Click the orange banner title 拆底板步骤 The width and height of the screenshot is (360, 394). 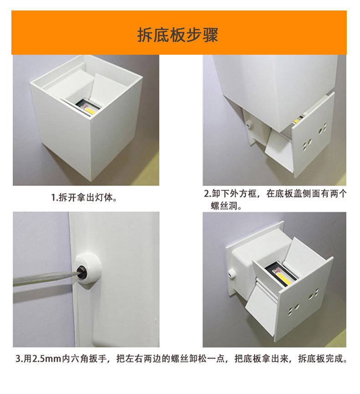click(x=177, y=35)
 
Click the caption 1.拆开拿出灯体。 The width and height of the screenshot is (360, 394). click(x=84, y=197)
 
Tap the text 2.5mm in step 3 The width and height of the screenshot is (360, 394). click(x=47, y=358)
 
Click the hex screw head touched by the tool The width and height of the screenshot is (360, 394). click(x=81, y=272)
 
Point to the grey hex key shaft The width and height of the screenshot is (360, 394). click(x=45, y=278)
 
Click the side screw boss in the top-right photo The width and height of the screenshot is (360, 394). click(x=249, y=123)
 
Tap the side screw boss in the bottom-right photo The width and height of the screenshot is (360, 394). click(x=231, y=274)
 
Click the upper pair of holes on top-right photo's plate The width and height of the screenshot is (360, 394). click(x=323, y=129)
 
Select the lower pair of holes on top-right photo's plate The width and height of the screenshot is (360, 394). click(x=307, y=144)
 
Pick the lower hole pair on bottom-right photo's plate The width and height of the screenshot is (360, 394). click(x=293, y=309)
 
